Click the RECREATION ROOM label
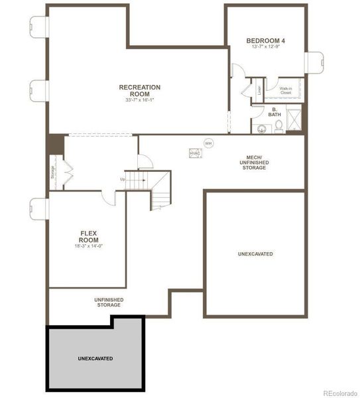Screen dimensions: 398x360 click(x=139, y=90)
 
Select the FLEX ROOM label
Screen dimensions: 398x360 click(x=89, y=237)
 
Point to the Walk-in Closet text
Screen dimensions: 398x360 click(x=286, y=90)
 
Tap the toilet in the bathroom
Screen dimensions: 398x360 click(x=278, y=125)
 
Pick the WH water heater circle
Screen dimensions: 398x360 click(x=208, y=143)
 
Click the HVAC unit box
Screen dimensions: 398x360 click(x=195, y=153)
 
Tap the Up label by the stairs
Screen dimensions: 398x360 click(x=123, y=179)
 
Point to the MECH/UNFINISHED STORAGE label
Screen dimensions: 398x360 click(x=254, y=163)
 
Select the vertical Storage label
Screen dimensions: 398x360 click(x=53, y=171)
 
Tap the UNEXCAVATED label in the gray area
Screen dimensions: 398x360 click(x=95, y=358)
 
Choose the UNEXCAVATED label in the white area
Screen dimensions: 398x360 click(x=255, y=254)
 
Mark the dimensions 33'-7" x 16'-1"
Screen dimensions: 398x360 click(x=139, y=100)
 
